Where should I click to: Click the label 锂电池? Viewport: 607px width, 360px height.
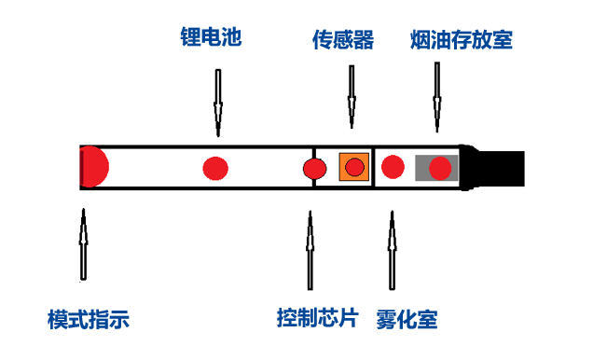(x=212, y=39)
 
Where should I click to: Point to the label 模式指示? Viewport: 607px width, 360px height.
(x=89, y=320)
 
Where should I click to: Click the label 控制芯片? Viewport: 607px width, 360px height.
(x=317, y=317)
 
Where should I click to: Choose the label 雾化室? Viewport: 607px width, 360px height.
(x=407, y=320)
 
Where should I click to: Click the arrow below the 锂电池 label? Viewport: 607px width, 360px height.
(x=218, y=99)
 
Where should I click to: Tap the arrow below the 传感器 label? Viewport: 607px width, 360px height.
(x=352, y=97)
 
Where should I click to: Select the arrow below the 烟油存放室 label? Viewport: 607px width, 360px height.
(x=435, y=97)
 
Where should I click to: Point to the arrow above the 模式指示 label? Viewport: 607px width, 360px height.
(x=83, y=244)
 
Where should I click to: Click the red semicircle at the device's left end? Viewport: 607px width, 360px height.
(x=93, y=168)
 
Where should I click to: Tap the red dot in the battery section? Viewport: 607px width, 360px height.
(x=215, y=169)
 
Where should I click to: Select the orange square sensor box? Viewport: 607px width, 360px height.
(x=353, y=168)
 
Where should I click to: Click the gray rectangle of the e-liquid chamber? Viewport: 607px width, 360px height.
(x=422, y=168)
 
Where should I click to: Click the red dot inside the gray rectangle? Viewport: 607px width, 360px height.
(x=440, y=168)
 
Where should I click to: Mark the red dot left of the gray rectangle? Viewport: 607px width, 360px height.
(x=393, y=168)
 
